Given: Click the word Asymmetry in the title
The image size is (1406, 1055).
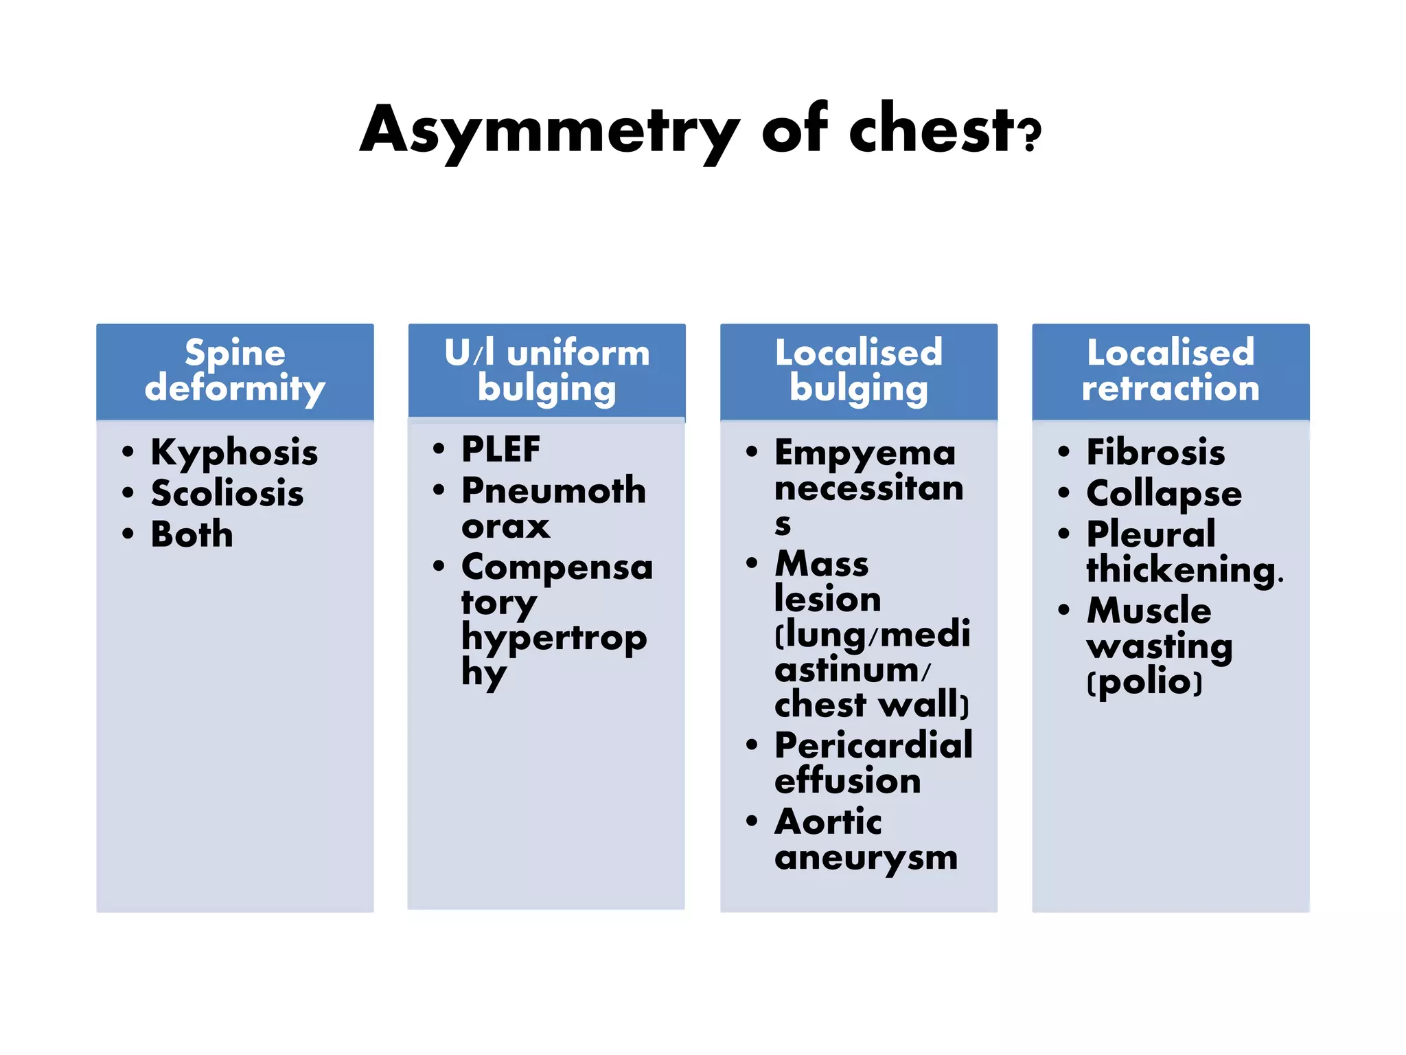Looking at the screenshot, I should [x=549, y=131].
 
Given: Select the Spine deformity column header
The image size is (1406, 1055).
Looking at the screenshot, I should [x=235, y=371].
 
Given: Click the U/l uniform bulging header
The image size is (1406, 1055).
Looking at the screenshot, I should [x=546, y=371].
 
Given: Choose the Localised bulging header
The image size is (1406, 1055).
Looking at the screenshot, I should [x=858, y=371].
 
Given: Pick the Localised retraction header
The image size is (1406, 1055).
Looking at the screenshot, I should [x=1171, y=371].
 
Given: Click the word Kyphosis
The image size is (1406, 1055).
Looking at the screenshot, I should [x=234, y=453].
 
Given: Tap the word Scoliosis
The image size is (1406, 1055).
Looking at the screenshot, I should [x=227, y=494].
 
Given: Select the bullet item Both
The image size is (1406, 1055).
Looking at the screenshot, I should [x=192, y=535].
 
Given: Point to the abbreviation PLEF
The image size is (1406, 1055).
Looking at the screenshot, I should [x=500, y=450].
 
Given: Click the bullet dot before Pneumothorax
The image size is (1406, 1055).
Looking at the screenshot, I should [x=439, y=490].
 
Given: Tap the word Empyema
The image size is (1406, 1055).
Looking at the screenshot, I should [x=865, y=453].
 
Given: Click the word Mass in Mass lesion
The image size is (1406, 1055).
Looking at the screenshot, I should [x=822, y=565].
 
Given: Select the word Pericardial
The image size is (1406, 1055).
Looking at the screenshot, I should [x=873, y=746].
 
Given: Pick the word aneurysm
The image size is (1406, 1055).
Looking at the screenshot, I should [x=866, y=858].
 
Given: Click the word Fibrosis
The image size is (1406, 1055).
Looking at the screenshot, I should [x=1155, y=453].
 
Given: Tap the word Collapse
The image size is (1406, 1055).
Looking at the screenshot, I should [x=1164, y=494].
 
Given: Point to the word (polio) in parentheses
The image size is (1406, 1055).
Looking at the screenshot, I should [x=1144, y=683].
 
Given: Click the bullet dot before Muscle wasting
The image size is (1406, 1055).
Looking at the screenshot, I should [x=1064, y=610].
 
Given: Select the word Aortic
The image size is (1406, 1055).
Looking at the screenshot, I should [x=828, y=822].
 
